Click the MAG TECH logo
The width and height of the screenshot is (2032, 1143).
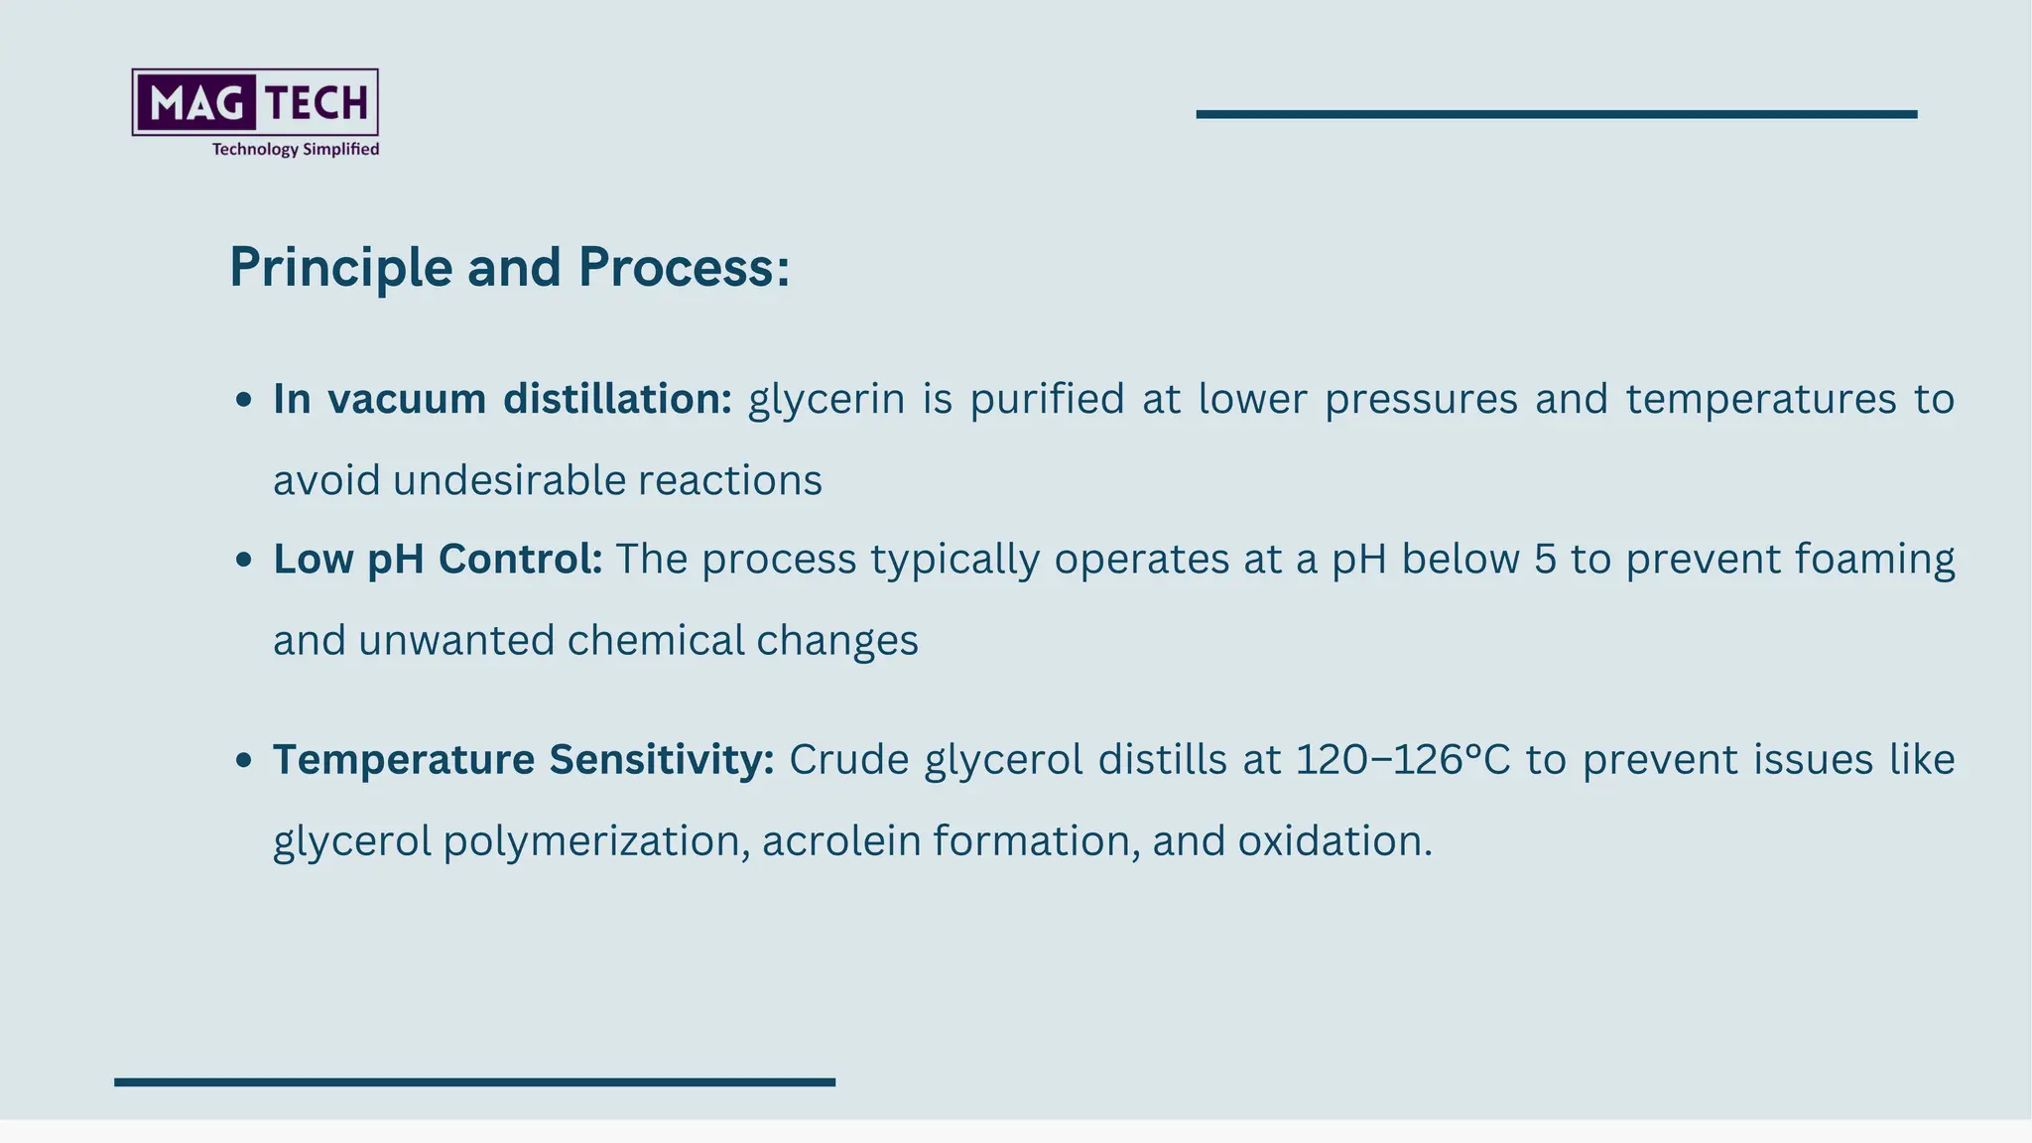[x=255, y=102]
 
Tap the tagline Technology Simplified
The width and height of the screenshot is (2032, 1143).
[x=296, y=149]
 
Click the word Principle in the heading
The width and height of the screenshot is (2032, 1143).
[x=340, y=268]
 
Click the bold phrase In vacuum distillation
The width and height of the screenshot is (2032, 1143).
[x=502, y=399]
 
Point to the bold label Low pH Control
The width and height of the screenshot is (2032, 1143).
[x=438, y=560]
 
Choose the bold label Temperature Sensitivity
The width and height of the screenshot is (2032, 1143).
[x=523, y=760]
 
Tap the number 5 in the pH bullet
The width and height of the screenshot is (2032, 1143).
[x=1545, y=560]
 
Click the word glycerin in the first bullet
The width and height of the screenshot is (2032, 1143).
[x=826, y=400]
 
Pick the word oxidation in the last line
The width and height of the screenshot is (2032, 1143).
[x=1333, y=841]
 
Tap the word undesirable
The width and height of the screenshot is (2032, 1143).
[x=509, y=481]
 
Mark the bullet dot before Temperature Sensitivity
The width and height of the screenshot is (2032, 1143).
[x=244, y=761]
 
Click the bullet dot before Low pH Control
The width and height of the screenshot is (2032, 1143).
[x=244, y=561]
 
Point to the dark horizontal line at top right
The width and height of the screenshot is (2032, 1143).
[x=1556, y=114]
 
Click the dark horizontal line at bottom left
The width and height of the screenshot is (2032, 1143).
[x=474, y=1081]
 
